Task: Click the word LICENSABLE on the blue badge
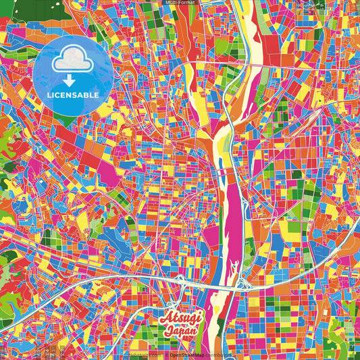point(74,95)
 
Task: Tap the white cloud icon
point(73,59)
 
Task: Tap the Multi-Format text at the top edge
point(180,3)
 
